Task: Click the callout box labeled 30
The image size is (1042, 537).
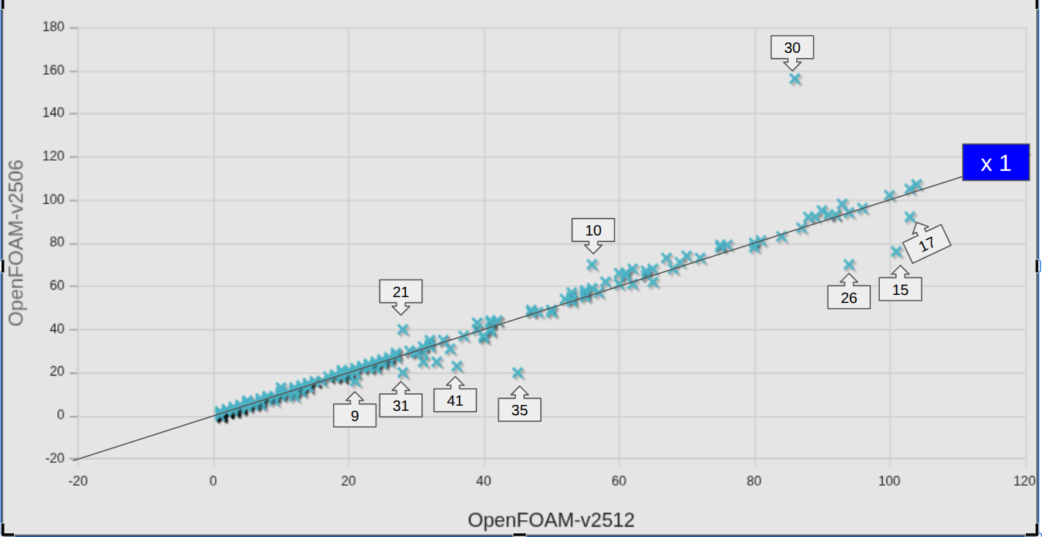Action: click(793, 48)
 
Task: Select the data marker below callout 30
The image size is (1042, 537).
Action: click(795, 78)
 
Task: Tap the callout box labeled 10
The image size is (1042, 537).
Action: click(593, 230)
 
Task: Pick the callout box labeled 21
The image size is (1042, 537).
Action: click(401, 292)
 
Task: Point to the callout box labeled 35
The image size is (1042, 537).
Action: click(520, 410)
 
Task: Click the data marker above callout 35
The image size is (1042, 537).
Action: click(518, 373)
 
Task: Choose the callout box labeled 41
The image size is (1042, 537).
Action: click(455, 401)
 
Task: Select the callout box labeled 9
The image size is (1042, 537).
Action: click(355, 416)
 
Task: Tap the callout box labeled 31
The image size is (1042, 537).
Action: click(401, 405)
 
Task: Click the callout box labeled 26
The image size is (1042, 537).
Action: click(849, 298)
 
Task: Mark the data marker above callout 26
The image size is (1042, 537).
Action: click(849, 265)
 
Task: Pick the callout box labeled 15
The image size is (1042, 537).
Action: click(900, 290)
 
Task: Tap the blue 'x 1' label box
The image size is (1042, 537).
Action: click(996, 163)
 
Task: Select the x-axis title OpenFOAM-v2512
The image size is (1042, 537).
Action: click(551, 520)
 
